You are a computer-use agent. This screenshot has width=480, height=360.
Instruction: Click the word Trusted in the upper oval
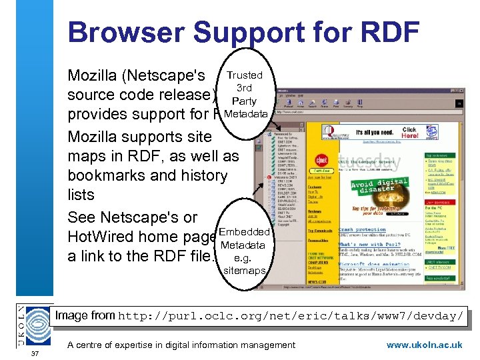pyautogui.click(x=245, y=75)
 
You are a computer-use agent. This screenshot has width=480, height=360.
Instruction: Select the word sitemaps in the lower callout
pyautogui.click(x=244, y=271)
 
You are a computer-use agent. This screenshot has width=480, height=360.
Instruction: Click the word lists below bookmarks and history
pyautogui.click(x=81, y=195)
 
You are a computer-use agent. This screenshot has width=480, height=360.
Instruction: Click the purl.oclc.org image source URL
pyautogui.click(x=291, y=316)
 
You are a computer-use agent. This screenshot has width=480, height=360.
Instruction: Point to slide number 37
pyautogui.click(x=35, y=353)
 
